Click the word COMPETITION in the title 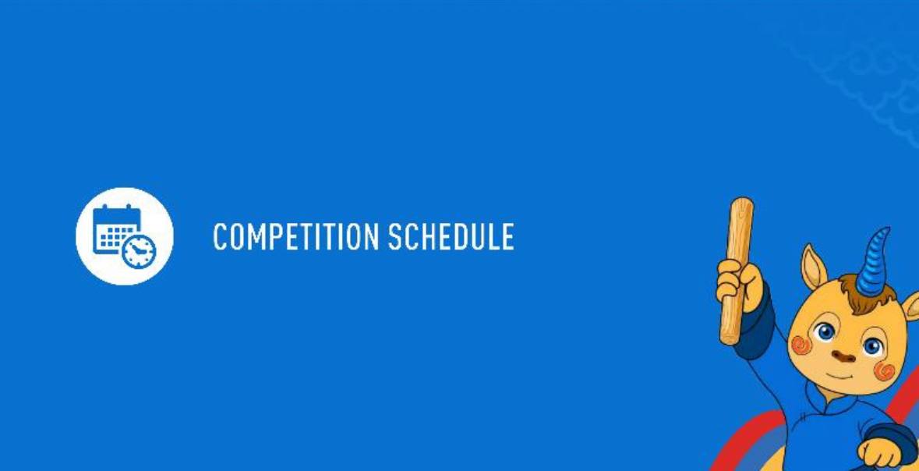click(x=296, y=236)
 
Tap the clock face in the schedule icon click(x=140, y=252)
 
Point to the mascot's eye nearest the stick click(x=825, y=332)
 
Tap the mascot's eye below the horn click(x=872, y=346)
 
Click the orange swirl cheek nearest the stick click(x=801, y=345)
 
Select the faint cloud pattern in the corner click(x=861, y=70)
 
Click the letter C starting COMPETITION click(x=220, y=236)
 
